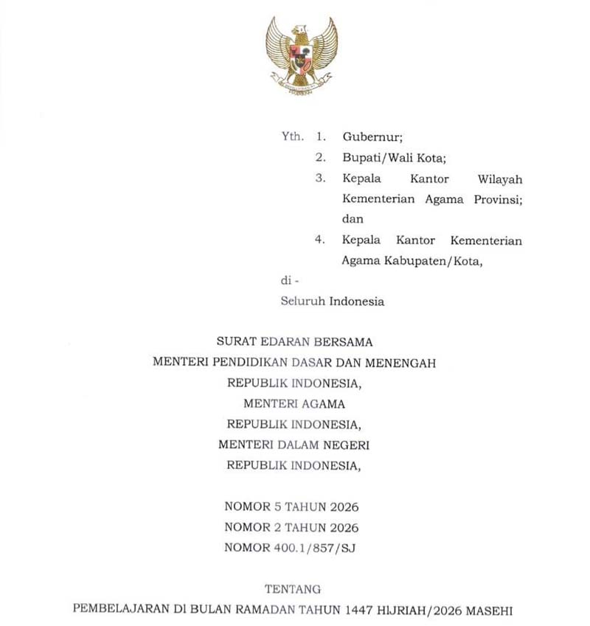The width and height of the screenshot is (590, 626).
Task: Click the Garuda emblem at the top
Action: click(302, 55)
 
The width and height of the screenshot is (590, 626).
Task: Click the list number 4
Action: click(320, 240)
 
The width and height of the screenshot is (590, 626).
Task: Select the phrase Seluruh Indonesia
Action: click(332, 302)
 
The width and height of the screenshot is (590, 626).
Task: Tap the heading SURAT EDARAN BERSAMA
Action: click(294, 342)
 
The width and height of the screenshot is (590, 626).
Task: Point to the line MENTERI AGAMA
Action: click(294, 404)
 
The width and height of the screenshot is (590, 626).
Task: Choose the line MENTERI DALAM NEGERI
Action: click(294, 445)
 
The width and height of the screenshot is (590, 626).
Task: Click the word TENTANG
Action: click(293, 589)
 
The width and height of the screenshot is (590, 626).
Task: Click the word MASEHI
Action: click(487, 611)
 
